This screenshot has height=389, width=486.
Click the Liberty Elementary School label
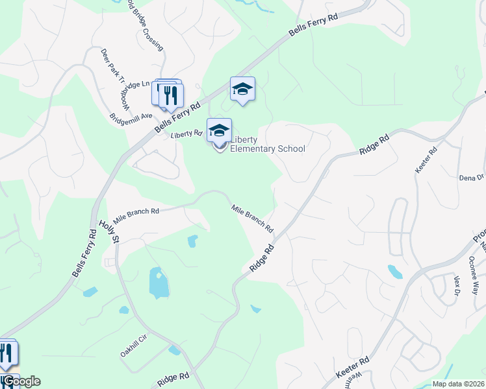[x=266, y=144]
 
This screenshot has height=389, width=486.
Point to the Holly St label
[x=109, y=231]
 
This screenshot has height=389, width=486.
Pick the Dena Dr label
[x=472, y=177]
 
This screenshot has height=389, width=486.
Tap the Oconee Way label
[x=474, y=275]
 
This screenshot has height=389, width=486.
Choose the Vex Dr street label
[x=456, y=284]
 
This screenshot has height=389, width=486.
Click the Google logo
[x=21, y=381]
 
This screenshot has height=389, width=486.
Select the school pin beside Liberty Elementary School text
[x=219, y=130]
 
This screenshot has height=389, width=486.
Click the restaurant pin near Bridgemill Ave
[x=171, y=95]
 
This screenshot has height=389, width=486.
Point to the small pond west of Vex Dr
[x=394, y=271]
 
